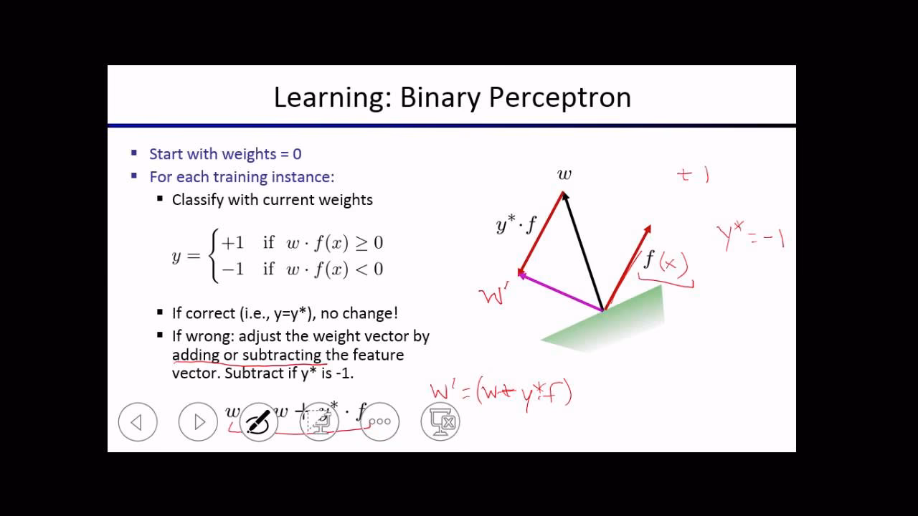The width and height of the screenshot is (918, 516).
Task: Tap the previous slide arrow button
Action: coord(137,422)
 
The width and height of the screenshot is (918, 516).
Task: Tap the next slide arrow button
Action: coord(198,422)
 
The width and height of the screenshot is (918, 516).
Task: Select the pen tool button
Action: coord(258,422)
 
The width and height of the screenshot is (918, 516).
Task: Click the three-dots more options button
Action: coord(379,422)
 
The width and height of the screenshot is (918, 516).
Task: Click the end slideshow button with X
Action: coord(440,422)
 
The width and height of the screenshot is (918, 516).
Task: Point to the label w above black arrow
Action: coord(564,174)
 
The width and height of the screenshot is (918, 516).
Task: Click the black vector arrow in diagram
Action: coord(582,251)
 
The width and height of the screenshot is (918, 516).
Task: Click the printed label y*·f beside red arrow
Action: coord(516,225)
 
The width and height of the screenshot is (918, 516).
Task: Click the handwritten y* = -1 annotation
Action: coord(750,237)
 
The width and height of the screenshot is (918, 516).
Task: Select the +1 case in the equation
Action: coord(233,243)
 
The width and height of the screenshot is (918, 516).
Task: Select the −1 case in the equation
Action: coord(233,269)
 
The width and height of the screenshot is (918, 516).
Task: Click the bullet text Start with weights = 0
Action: coord(225,154)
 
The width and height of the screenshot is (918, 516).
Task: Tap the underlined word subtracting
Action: coord(282,355)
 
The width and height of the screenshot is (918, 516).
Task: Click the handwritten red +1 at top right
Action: coord(693,175)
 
